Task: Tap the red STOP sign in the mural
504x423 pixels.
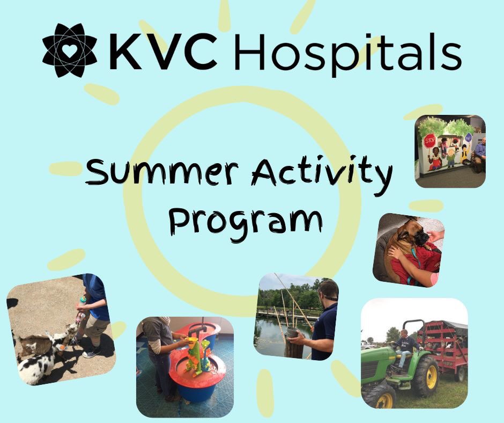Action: (429, 142)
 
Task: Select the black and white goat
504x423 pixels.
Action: (35, 365)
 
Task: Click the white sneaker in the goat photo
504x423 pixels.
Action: (91, 352)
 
